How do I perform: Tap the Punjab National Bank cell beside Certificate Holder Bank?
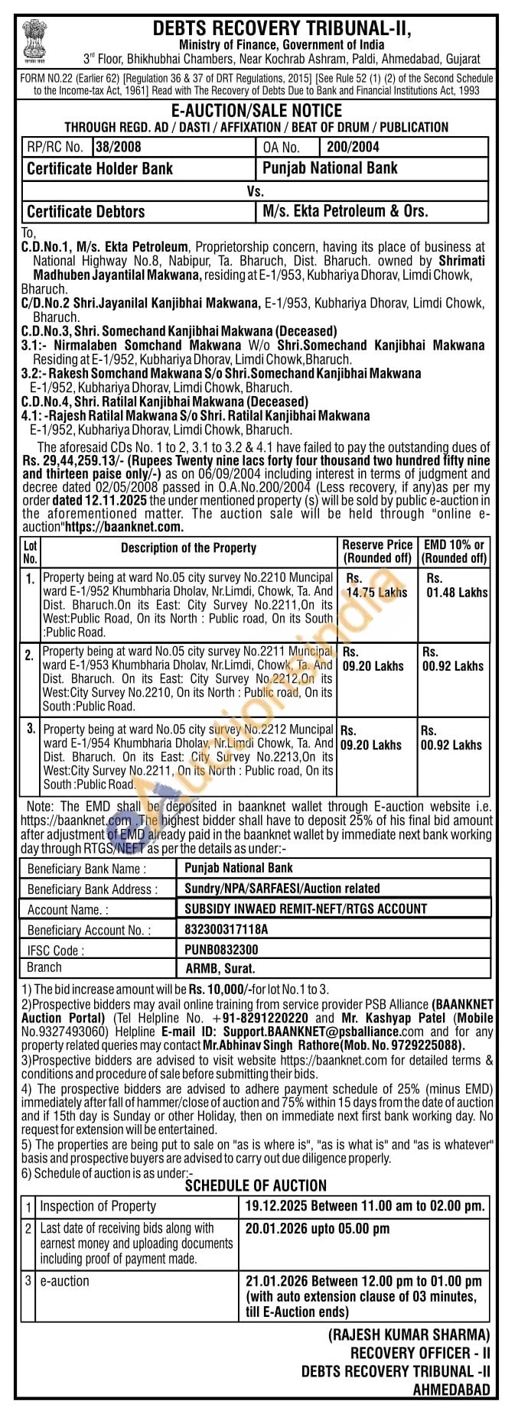coord(330,167)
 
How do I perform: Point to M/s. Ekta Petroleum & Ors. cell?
coord(345,210)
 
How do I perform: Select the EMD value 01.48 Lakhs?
coord(457,592)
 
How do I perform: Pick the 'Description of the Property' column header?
coord(188,548)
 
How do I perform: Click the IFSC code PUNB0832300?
coord(221,949)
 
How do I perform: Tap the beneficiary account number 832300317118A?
coord(226,929)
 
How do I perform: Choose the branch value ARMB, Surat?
coord(217,968)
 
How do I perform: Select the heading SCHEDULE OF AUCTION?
coord(256,1185)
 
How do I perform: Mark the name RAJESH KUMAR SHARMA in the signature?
coord(409,1334)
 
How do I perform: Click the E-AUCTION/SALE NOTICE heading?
coord(256,111)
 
